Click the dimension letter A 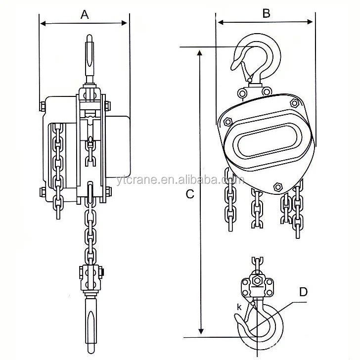pos(85,15)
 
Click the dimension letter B pos(266,13)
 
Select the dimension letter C pos(189,194)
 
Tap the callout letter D pos(303,292)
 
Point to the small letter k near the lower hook pos(239,307)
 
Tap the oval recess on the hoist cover pos(265,139)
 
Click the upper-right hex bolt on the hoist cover pos(295,102)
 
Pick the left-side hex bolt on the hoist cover pos(228,121)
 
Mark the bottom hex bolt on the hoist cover pos(277,187)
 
